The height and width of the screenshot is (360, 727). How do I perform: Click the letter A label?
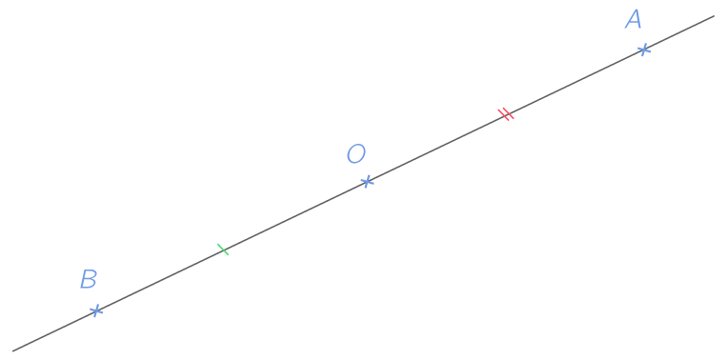click(634, 20)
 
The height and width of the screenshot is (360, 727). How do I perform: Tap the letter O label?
click(355, 154)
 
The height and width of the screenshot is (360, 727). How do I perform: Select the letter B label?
click(89, 280)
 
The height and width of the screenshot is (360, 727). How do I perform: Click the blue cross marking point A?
click(644, 49)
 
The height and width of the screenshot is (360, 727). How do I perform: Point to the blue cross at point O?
click(367, 181)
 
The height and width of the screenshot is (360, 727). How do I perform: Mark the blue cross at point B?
click(95, 310)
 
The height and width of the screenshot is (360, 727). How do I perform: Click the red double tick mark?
click(506, 114)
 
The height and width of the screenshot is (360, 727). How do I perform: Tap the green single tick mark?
click(223, 250)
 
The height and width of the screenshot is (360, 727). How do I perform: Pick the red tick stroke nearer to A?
click(509, 113)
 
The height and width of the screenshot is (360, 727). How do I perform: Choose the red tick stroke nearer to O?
click(503, 116)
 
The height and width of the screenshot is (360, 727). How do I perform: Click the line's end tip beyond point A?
click(713, 16)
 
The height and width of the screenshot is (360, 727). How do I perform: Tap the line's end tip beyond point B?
click(12, 350)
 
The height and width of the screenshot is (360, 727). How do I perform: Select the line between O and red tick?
click(435, 149)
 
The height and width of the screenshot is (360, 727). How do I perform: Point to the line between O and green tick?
click(295, 215)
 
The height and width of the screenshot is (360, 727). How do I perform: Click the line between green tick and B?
click(159, 280)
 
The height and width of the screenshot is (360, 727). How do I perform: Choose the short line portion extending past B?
click(52, 331)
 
